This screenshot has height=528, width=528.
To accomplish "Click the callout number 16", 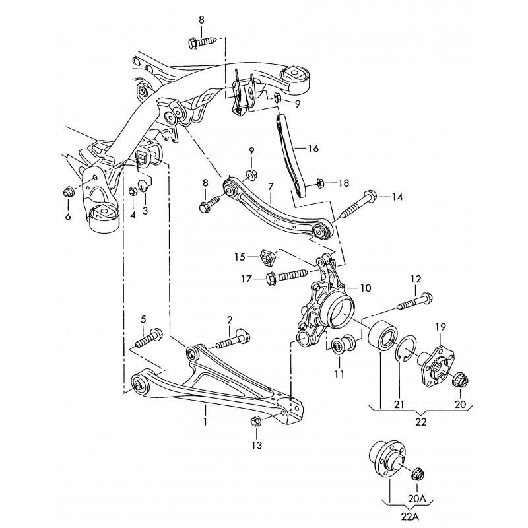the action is [313, 148].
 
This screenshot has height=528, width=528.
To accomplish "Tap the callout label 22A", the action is [410, 517].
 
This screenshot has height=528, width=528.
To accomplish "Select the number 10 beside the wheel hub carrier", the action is [366, 288].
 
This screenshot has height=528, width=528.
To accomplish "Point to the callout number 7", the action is [271, 187].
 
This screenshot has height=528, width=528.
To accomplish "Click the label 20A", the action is [417, 498].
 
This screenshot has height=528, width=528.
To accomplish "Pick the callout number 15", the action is [240, 257].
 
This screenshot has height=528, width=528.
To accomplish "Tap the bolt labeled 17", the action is [286, 275].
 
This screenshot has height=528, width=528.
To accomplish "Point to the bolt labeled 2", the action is [233, 340].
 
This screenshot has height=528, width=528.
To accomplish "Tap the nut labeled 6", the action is [68, 192].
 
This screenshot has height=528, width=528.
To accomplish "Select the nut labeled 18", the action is [319, 183].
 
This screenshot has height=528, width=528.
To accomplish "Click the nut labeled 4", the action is [133, 191].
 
